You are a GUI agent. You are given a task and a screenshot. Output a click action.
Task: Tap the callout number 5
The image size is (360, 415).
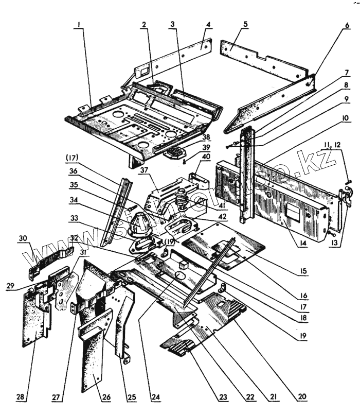pyautogui.click(x=245, y=24)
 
